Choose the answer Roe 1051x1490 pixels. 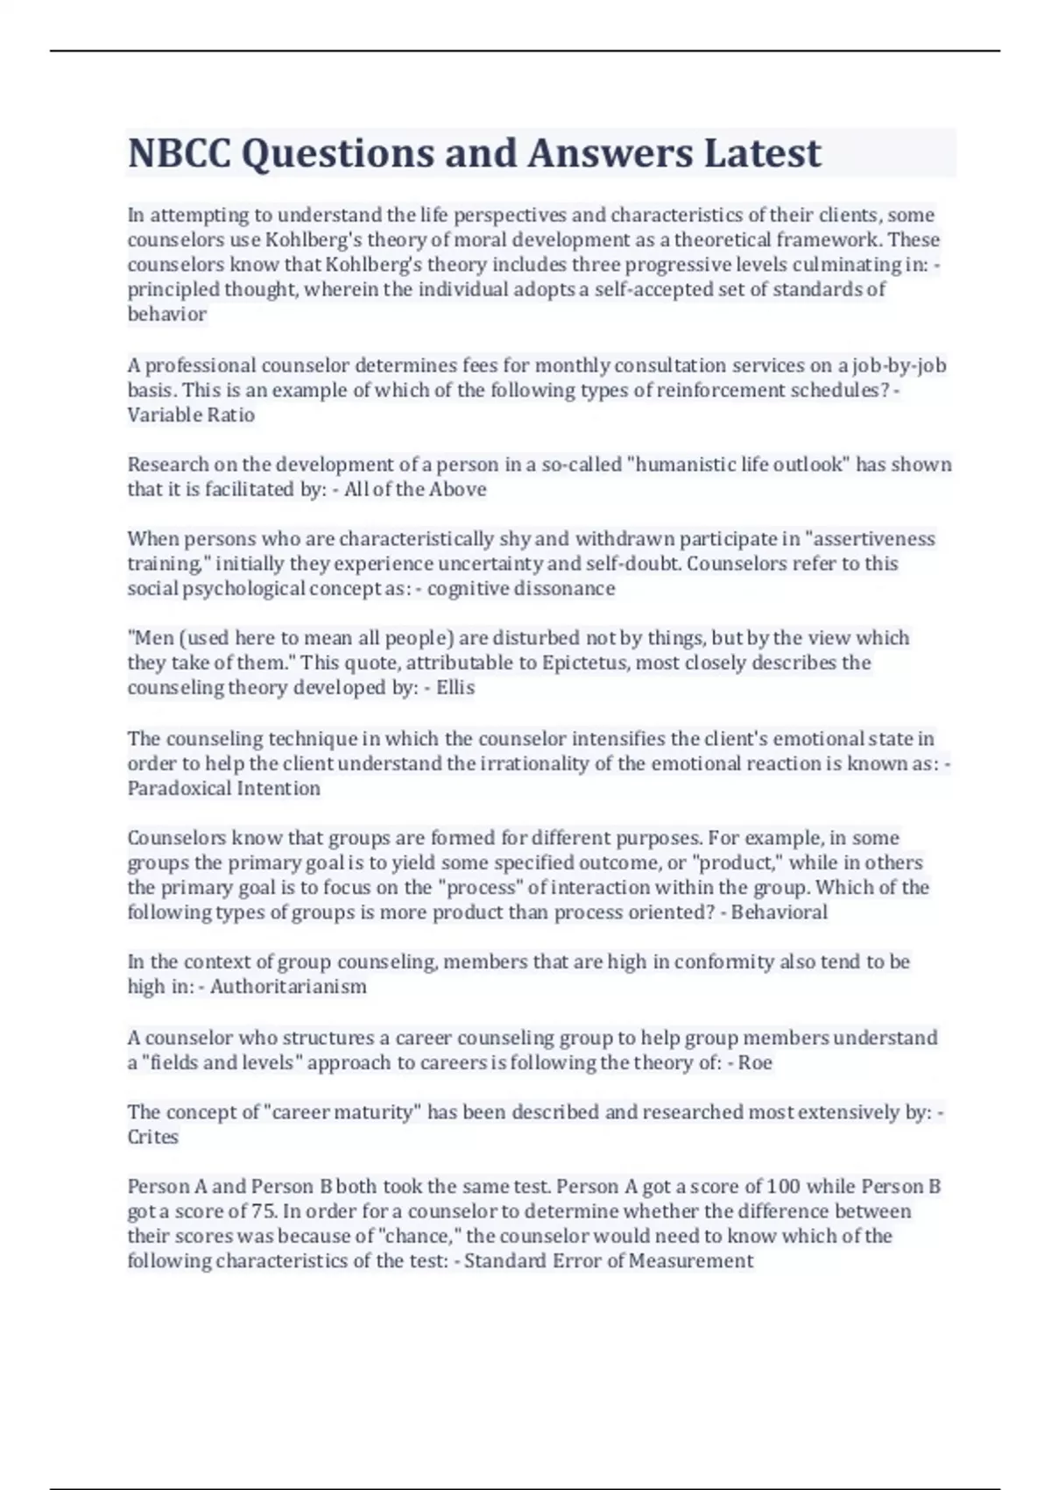[756, 1063]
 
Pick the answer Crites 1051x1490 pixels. [153, 1138]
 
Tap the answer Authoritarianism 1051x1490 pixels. [288, 987]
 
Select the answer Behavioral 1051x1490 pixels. [779, 912]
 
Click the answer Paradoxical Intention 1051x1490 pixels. [224, 789]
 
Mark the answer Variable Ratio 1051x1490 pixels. [191, 415]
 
